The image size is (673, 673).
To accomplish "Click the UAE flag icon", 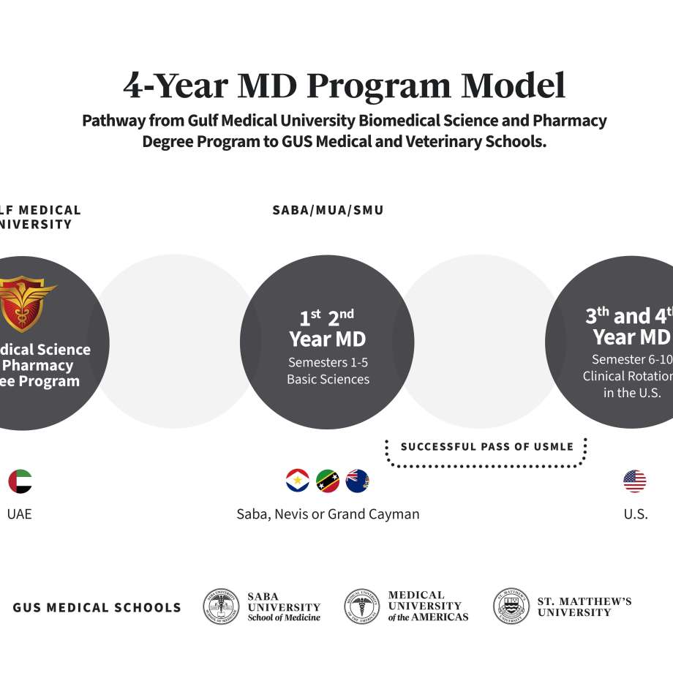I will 20,481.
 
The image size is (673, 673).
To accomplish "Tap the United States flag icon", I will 635,481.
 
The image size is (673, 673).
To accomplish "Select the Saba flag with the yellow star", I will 298,481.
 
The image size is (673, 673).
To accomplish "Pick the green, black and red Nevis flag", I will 327,481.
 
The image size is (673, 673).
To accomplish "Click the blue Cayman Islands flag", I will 357,481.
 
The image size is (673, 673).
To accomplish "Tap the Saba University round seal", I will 221,606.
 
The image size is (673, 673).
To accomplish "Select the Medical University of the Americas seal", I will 362,606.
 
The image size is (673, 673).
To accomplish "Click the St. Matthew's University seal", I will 511,606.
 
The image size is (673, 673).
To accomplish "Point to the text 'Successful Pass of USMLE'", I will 487,446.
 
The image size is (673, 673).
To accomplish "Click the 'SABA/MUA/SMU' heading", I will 328,211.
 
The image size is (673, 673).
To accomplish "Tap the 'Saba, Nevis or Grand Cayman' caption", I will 328,514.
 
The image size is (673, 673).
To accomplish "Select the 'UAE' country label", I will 20,514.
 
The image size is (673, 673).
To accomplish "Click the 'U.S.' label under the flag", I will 635,514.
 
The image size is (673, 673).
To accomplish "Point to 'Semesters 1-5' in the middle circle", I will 328,362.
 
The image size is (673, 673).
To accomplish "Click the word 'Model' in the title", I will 513,86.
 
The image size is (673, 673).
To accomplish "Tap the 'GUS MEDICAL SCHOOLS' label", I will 97,607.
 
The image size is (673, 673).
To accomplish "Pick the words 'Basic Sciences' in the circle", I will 328,380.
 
